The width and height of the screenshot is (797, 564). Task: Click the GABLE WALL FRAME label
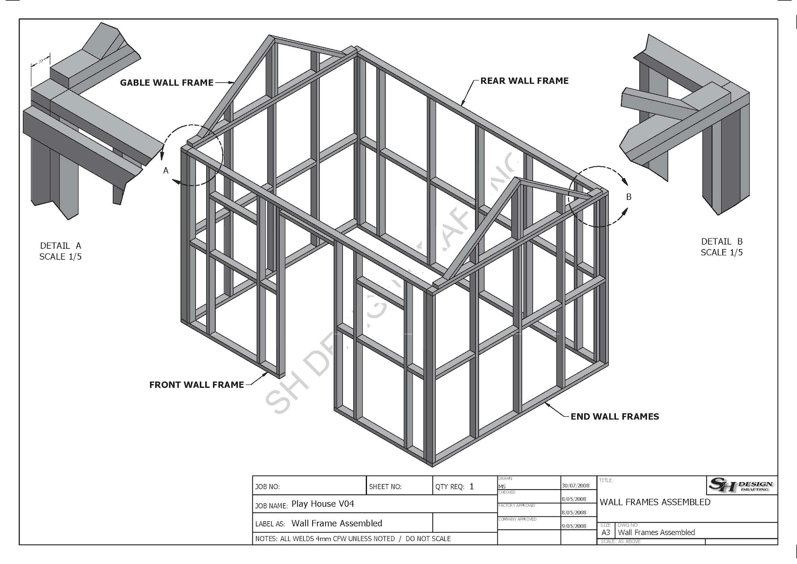click(167, 83)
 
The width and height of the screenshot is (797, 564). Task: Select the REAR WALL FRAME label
click(524, 81)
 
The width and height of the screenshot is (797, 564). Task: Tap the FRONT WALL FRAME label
click(196, 385)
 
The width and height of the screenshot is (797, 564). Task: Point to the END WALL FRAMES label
click(614, 416)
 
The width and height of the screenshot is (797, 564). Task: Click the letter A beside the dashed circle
click(166, 171)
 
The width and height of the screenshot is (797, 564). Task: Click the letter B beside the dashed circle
click(628, 197)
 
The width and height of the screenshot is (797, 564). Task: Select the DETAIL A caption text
click(60, 246)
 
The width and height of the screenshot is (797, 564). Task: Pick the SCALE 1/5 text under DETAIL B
click(721, 253)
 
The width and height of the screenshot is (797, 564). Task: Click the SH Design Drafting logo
click(742, 485)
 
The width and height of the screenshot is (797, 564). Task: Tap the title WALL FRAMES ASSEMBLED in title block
click(654, 502)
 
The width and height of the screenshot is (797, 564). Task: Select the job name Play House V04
click(323, 504)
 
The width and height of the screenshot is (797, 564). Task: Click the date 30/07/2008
click(576, 486)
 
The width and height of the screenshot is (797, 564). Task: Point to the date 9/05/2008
click(574, 526)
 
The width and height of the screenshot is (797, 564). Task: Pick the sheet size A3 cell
click(606, 532)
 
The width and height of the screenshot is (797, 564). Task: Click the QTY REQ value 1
click(471, 486)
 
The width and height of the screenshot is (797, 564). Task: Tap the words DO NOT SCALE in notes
click(428, 538)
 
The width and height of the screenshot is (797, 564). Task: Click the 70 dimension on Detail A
click(40, 62)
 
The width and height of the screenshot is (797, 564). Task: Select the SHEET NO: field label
click(385, 487)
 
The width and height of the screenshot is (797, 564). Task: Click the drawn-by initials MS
click(502, 487)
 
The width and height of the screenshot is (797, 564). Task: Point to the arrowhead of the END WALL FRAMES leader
click(546, 403)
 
